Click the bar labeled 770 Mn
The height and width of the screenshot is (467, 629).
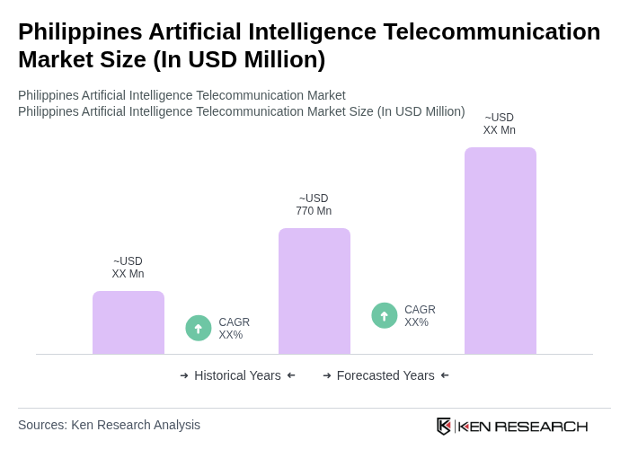[314, 291]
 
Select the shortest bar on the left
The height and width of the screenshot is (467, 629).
[128, 322]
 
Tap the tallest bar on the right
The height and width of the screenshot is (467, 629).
[500, 251]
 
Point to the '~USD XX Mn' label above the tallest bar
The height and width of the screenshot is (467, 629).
[499, 124]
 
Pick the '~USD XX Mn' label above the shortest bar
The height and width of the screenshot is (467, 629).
[128, 268]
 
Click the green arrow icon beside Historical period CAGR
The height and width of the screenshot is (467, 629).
[199, 329]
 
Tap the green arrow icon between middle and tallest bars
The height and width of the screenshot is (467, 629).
[385, 316]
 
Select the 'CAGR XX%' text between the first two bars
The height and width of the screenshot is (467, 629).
[234, 329]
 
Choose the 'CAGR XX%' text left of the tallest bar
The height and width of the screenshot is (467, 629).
[420, 316]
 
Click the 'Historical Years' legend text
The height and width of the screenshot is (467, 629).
[237, 375]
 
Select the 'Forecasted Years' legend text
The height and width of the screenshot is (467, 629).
[385, 375]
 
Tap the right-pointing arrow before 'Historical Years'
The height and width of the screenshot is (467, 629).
[184, 375]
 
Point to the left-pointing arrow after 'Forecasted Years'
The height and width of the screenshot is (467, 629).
[445, 375]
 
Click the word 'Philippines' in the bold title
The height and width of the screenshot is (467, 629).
[79, 31]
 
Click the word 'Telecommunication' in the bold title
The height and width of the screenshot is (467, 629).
[492, 31]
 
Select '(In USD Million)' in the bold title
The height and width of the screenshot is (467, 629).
[239, 59]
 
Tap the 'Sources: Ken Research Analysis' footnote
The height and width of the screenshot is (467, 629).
[109, 425]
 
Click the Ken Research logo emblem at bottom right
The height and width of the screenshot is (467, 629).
[444, 426]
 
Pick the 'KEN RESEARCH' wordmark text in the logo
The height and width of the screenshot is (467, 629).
[523, 426]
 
